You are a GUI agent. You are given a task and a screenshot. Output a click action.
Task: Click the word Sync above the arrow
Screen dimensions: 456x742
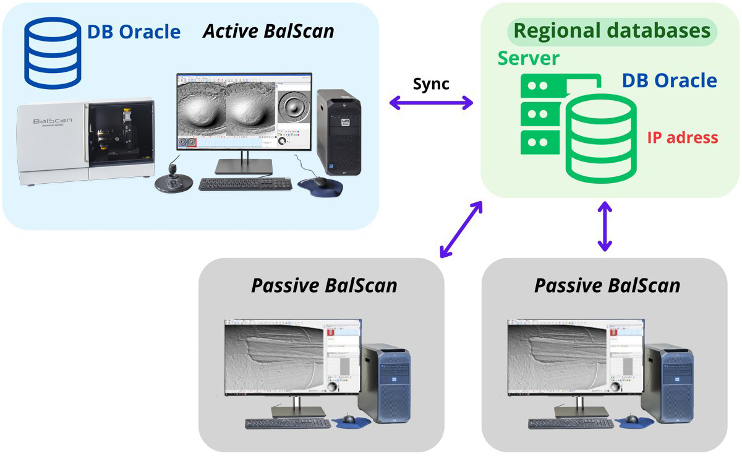431,84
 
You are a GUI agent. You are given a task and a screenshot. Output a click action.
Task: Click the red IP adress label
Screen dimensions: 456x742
683,137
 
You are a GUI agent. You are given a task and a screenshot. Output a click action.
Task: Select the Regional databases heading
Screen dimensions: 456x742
612,31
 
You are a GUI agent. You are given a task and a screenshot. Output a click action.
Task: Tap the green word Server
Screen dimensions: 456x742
529,59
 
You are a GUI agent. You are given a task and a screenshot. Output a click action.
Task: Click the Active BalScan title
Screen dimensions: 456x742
268,31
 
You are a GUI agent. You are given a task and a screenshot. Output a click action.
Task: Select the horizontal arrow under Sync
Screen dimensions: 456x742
431,104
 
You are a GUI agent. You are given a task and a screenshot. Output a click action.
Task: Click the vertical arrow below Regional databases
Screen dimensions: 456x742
604,226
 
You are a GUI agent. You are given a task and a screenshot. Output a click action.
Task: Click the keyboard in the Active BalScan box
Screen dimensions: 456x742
245,184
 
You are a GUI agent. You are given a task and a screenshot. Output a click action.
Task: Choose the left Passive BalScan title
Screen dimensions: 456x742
324,285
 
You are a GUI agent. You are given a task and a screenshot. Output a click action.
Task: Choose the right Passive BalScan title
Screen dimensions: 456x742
607,285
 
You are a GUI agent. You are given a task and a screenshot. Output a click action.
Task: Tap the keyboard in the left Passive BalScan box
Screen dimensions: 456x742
288,423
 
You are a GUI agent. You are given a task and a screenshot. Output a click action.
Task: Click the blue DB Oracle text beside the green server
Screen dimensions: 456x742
669,80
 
